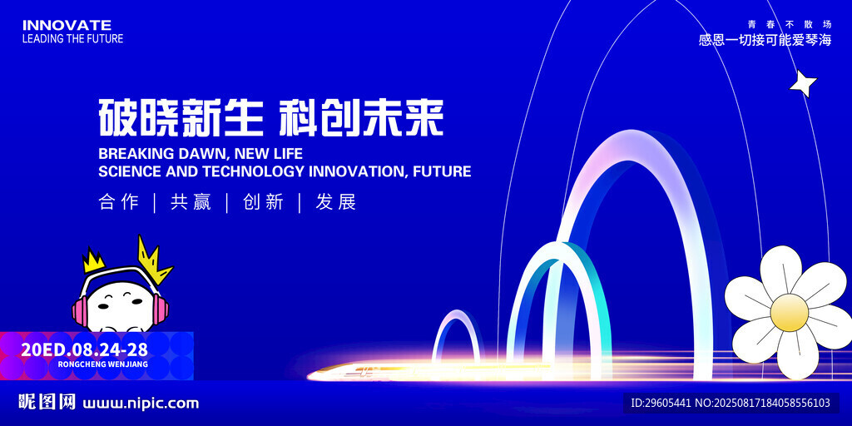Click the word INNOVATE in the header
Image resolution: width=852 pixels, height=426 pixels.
point(67,25)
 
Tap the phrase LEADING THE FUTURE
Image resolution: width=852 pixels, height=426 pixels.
point(73,38)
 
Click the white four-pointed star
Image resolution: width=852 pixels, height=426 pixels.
point(803,84)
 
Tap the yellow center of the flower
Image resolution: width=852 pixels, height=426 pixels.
point(789,313)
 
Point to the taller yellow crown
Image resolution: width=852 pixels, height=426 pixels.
point(153,260)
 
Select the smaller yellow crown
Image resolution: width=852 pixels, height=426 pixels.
point(93,260)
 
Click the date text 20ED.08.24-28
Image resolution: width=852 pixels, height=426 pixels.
point(84,349)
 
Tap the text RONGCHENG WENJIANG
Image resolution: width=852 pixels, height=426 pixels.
point(102,364)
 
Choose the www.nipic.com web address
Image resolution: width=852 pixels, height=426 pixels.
point(141,404)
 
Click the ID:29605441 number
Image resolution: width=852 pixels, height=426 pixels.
point(661,403)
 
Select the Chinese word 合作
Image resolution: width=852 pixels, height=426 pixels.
point(119,202)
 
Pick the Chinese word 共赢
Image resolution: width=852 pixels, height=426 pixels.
point(191,202)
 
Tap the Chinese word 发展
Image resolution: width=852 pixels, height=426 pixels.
point(336,202)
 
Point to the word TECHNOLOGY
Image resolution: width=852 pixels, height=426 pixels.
point(255,171)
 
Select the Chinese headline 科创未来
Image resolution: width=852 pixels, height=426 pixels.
point(361,117)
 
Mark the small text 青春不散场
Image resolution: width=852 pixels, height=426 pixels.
point(790,24)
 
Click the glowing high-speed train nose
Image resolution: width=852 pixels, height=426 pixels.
point(320,374)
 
